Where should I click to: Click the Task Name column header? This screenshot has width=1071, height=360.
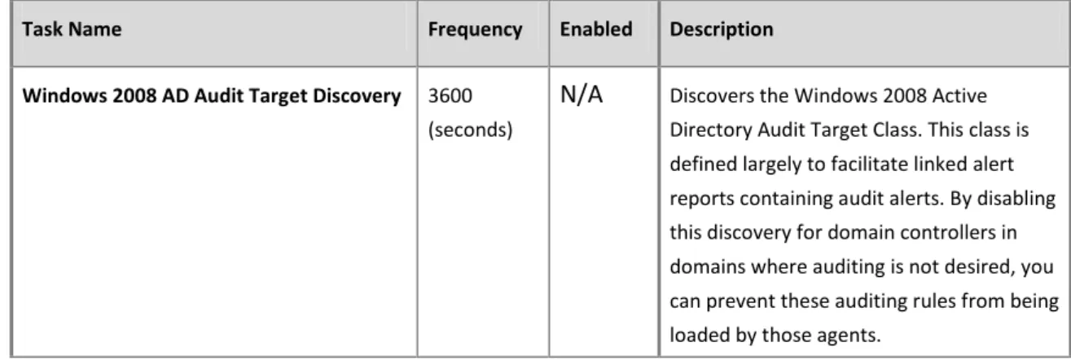(x=72, y=29)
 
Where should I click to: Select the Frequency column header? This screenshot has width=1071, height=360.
(x=475, y=30)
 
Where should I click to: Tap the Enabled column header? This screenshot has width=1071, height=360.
(x=595, y=29)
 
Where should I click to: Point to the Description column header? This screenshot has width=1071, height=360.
(x=721, y=30)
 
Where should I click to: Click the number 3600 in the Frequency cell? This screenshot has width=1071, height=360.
(x=450, y=95)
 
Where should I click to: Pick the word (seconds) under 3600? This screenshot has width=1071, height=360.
(x=470, y=130)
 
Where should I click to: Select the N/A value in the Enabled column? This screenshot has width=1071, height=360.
(x=581, y=94)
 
